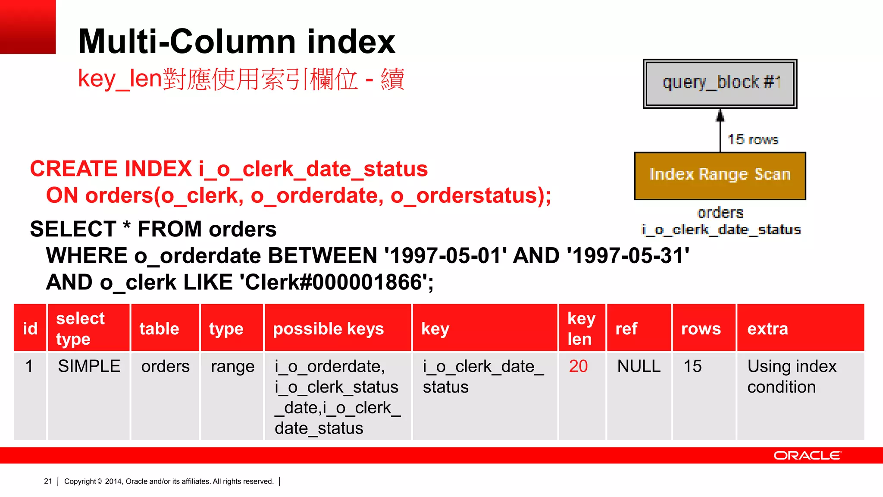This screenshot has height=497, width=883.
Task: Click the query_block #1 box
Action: (720, 84)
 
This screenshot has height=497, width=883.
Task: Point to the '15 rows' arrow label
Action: (753, 139)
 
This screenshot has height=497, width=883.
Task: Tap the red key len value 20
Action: (578, 366)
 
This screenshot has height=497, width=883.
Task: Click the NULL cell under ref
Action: (639, 366)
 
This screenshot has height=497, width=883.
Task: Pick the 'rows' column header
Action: (701, 329)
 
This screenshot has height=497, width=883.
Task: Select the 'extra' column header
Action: (767, 329)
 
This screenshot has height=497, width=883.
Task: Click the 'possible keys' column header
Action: (328, 329)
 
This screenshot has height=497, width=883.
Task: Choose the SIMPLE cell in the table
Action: (89, 366)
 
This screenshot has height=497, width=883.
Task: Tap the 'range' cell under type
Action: (232, 367)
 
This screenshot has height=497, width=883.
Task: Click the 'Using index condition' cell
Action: (791, 376)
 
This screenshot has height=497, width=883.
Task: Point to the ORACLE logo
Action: (807, 456)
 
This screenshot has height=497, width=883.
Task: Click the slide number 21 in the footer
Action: (48, 481)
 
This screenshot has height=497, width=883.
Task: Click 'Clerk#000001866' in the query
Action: (336, 283)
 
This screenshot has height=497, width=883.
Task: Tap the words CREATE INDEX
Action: (111, 169)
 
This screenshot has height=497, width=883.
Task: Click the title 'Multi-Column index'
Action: (237, 41)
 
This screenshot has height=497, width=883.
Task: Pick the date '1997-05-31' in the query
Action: (628, 256)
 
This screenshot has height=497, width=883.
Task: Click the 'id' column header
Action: (30, 329)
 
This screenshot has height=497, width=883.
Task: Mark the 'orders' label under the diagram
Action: (720, 213)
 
